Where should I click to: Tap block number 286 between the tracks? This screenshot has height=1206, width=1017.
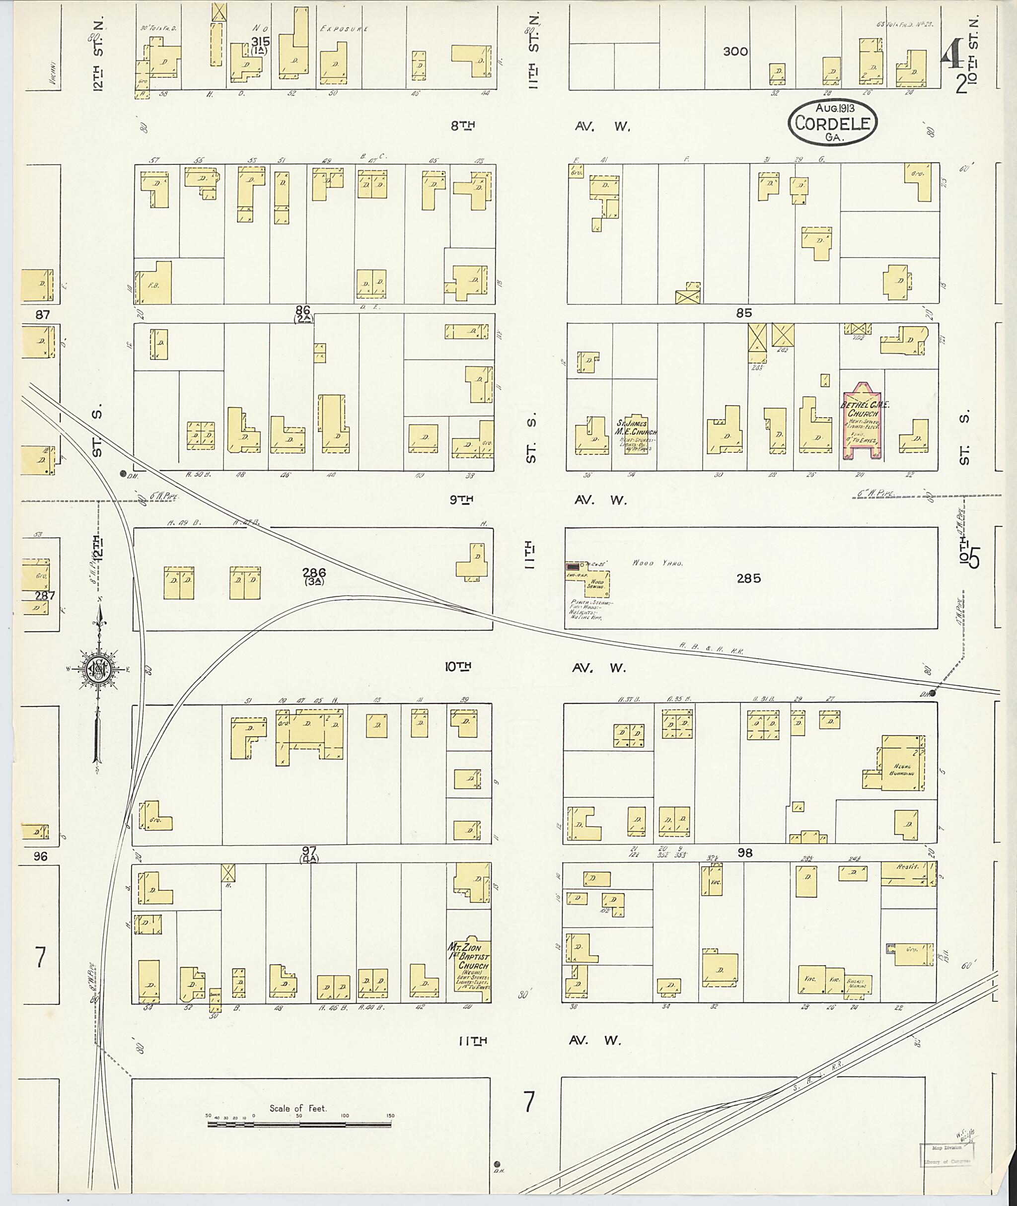click(x=314, y=572)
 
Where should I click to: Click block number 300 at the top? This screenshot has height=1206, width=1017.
click(x=735, y=51)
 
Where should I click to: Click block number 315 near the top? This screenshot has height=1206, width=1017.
click(x=261, y=42)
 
